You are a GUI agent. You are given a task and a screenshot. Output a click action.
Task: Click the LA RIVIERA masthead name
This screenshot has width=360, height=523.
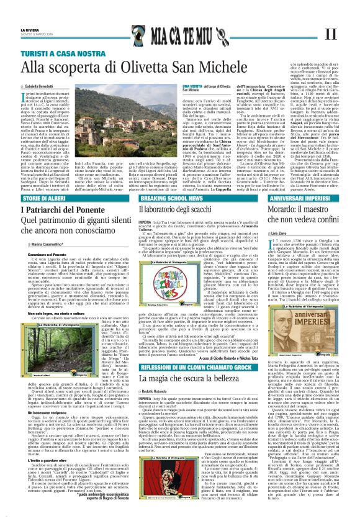29,29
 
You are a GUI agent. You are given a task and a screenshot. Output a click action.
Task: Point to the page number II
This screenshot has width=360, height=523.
330,34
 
